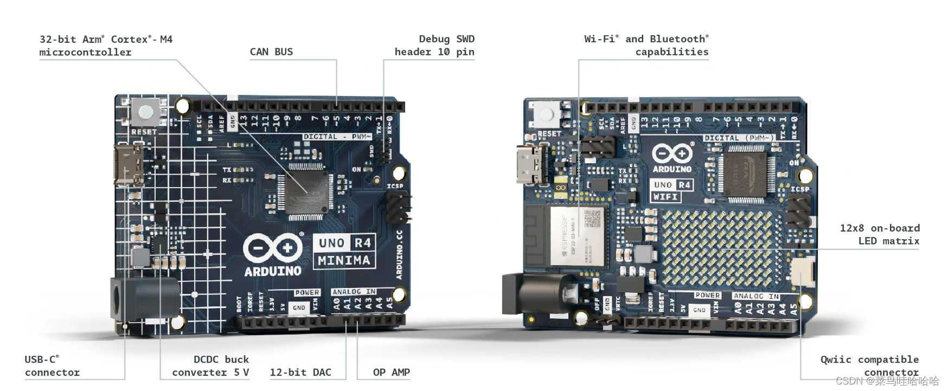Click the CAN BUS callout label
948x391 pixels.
click(271, 52)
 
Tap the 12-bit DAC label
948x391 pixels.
click(300, 372)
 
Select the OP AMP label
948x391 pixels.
click(391, 372)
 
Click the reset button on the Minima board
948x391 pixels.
click(145, 112)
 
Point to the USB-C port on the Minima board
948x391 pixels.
click(129, 164)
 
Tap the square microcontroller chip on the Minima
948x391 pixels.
click(307, 191)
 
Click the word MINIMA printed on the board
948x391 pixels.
click(344, 261)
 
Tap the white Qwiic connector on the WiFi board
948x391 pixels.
click(802, 272)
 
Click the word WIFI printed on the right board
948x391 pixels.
click(665, 197)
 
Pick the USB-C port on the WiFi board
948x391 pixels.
click(531, 164)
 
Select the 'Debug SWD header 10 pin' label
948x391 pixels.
click(434, 46)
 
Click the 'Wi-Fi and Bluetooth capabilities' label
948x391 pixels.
click(646, 46)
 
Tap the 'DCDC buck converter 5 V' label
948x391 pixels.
click(210, 366)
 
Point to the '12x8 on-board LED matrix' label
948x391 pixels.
click(880, 234)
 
